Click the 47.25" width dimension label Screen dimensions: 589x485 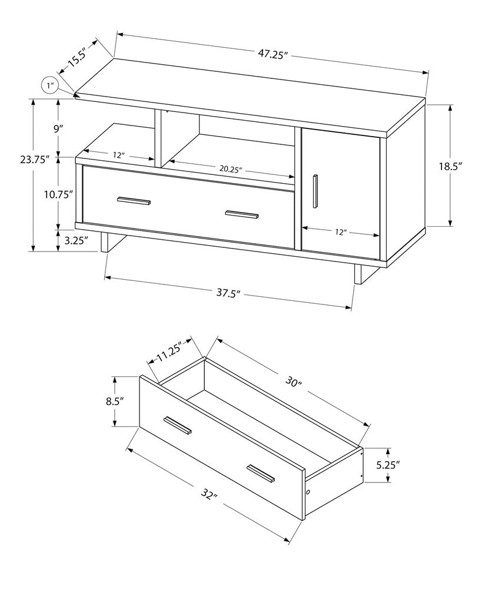point(272,54)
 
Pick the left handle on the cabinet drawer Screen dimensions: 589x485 point(134,201)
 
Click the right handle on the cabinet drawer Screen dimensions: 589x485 point(241,214)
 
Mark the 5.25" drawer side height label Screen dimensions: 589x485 point(388,465)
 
